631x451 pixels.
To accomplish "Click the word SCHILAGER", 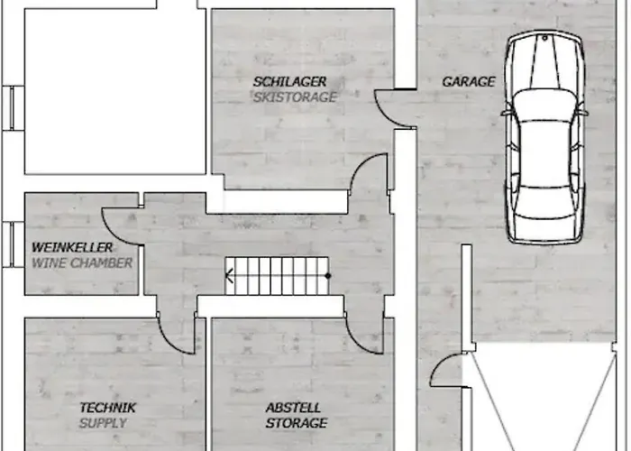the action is click(289, 82).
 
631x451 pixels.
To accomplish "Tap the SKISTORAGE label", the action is click(295, 97).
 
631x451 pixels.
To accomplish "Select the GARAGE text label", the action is click(469, 82).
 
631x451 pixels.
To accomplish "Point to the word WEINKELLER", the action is click(72, 247).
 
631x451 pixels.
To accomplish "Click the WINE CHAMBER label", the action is click(82, 263).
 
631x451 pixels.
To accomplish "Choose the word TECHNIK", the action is click(108, 408).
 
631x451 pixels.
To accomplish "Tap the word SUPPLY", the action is click(103, 423).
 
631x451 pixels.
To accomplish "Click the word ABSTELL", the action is click(293, 408).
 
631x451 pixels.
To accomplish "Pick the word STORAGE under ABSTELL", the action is click(297, 423).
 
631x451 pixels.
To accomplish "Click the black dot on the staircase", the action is click(328, 276).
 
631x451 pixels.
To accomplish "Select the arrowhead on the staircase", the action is click(229, 276).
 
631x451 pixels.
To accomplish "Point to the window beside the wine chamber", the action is click(13, 244).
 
